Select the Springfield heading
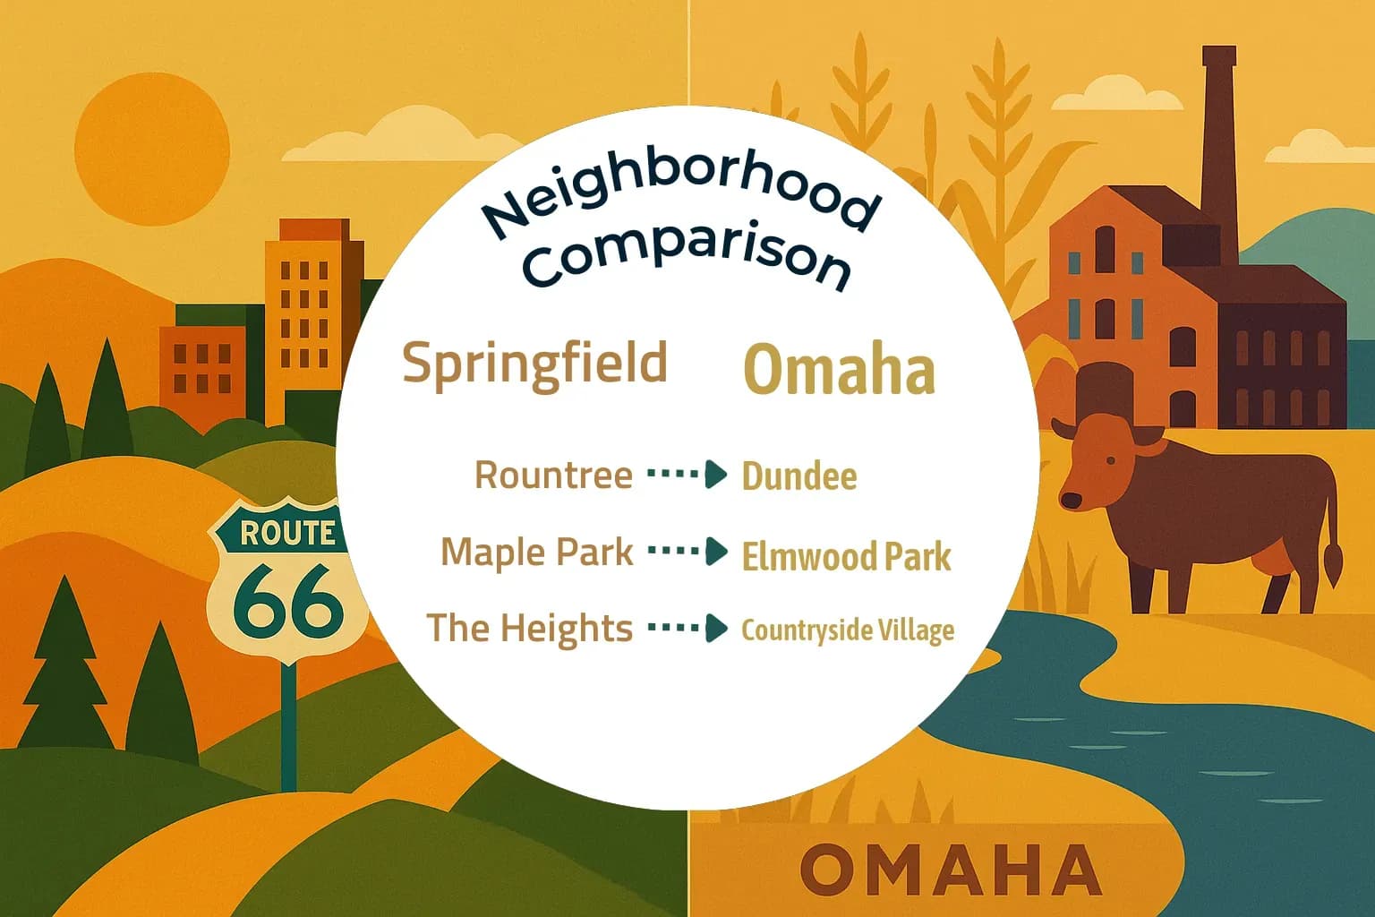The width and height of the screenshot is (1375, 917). pyautogui.click(x=535, y=364)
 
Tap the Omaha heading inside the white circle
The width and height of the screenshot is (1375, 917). pyautogui.click(x=840, y=370)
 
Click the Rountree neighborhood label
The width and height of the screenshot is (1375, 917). pyautogui.click(x=553, y=475)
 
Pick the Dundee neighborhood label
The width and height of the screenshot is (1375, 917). pyautogui.click(x=799, y=476)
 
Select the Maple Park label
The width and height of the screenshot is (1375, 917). pyautogui.click(x=537, y=552)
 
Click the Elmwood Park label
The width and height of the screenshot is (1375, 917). pyautogui.click(x=846, y=556)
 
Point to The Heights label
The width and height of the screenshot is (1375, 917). pyautogui.click(x=529, y=628)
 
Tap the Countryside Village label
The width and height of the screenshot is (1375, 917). pyautogui.click(x=848, y=630)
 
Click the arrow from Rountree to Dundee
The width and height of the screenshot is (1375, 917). pyautogui.click(x=687, y=475)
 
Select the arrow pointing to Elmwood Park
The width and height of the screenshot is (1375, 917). pyautogui.click(x=687, y=552)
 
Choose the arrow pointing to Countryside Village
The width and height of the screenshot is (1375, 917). pyautogui.click(x=687, y=628)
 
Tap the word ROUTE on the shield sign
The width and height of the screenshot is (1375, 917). pyautogui.click(x=287, y=533)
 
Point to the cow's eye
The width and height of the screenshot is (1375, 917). pyautogui.click(x=1111, y=460)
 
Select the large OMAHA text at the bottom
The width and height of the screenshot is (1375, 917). pyautogui.click(x=950, y=870)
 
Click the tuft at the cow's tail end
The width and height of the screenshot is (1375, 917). pyautogui.click(x=1334, y=565)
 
